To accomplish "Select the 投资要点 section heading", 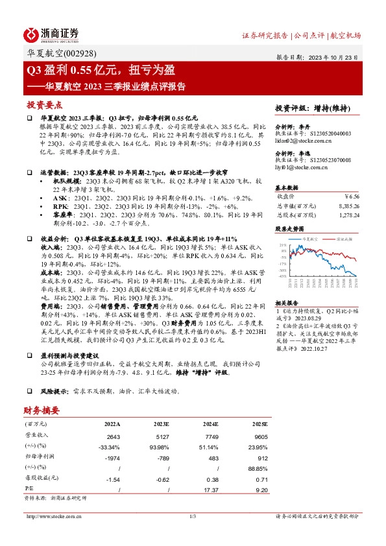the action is tap(45, 104).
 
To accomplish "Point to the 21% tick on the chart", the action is tap(282, 246).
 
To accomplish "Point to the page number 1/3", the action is tap(192, 516).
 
